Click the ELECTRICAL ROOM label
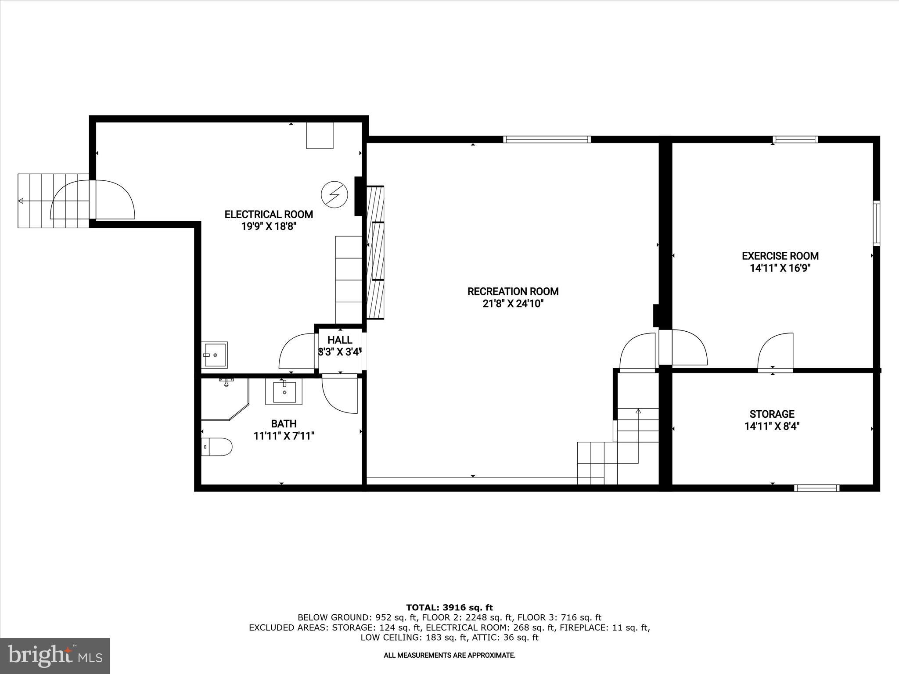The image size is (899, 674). (269, 215)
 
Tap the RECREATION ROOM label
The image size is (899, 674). (513, 291)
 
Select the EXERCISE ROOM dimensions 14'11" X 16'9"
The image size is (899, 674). (780, 268)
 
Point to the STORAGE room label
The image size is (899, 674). (772, 414)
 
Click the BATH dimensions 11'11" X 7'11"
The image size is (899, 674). (284, 436)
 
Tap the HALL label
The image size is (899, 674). (340, 340)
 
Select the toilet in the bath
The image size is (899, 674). (217, 447)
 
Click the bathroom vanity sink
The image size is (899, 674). (284, 391)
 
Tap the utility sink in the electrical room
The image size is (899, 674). (215, 355)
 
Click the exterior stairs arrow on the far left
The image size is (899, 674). (21, 201)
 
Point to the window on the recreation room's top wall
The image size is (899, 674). (547, 140)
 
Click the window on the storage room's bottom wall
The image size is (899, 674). (817, 488)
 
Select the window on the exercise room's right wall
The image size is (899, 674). (876, 223)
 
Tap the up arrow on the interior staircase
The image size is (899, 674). (638, 412)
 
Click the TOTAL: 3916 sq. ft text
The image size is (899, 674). (449, 608)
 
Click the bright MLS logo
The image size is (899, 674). (55, 656)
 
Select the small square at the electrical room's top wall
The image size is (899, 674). (320, 136)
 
